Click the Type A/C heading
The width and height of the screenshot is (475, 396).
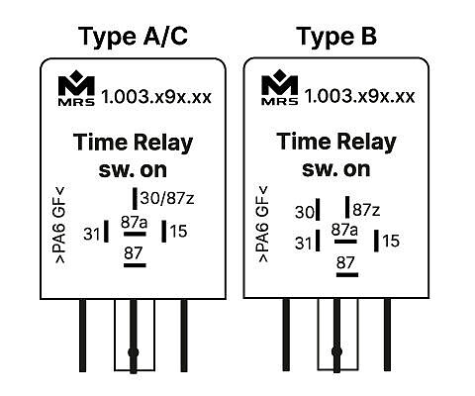133,37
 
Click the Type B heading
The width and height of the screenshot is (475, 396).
336,37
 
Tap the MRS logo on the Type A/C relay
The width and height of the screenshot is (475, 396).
76,88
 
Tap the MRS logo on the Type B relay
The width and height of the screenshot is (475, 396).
280,87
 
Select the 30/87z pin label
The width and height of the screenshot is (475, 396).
167,198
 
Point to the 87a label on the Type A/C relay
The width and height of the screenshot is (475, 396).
134,223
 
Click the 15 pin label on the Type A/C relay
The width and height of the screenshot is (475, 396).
178,231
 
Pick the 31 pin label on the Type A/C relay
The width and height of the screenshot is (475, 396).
91,234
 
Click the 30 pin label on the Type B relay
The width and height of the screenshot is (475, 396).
305,212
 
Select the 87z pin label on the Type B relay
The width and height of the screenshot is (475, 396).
366,210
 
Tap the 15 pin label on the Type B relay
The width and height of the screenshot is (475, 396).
391,241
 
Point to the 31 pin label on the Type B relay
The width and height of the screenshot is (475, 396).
303,244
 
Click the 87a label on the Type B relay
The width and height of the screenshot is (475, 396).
344,230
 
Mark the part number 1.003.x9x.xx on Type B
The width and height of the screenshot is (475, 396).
359,96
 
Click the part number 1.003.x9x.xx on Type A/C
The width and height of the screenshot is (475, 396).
156,97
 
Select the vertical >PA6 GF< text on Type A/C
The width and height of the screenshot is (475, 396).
60,225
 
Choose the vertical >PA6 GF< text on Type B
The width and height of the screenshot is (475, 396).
263,225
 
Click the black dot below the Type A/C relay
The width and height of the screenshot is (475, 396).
134,352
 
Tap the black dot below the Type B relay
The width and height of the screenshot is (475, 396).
336,351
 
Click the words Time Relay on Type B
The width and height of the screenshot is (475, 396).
336,142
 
